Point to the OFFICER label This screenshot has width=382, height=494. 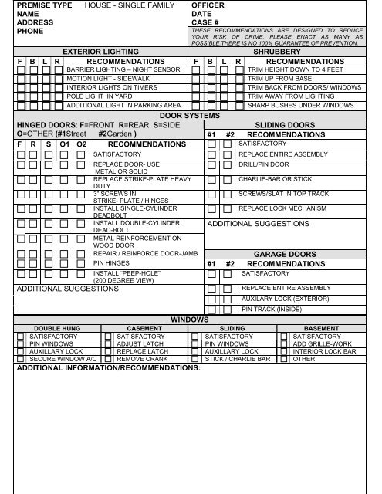[208, 5]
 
